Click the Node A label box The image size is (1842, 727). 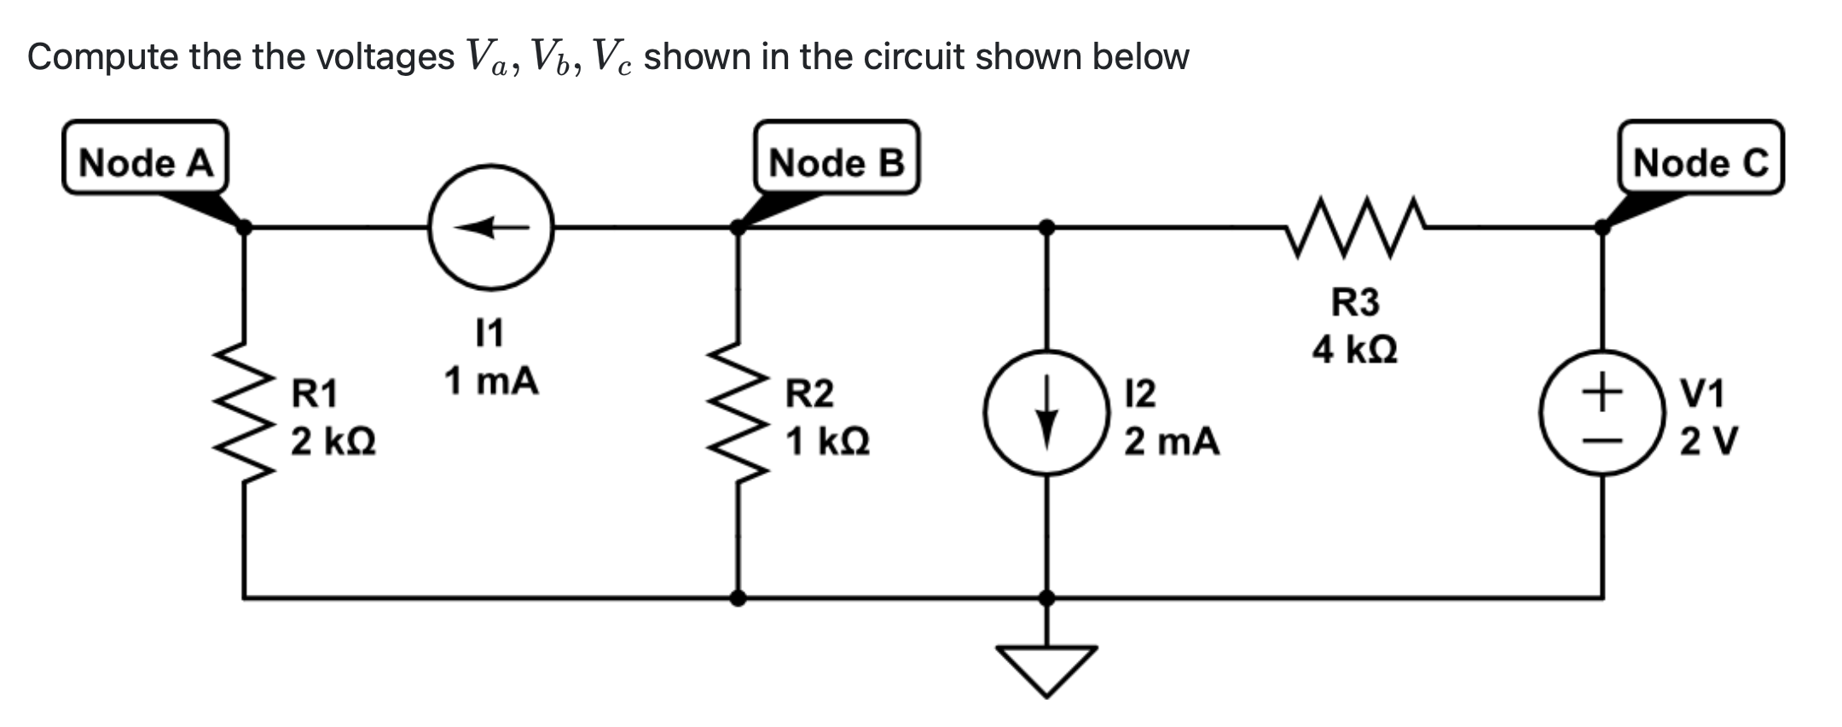[x=145, y=161]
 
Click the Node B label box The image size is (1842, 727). [x=836, y=161]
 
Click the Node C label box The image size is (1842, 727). [x=1700, y=161]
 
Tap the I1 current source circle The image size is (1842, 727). [x=491, y=227]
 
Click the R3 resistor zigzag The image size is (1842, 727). [x=1356, y=227]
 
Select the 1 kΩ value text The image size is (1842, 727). [x=827, y=442]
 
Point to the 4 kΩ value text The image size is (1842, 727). [x=1354, y=350]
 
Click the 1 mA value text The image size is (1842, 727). [x=491, y=381]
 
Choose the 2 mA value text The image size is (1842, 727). [x=1171, y=442]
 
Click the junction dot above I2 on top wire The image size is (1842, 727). [x=1047, y=227]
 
